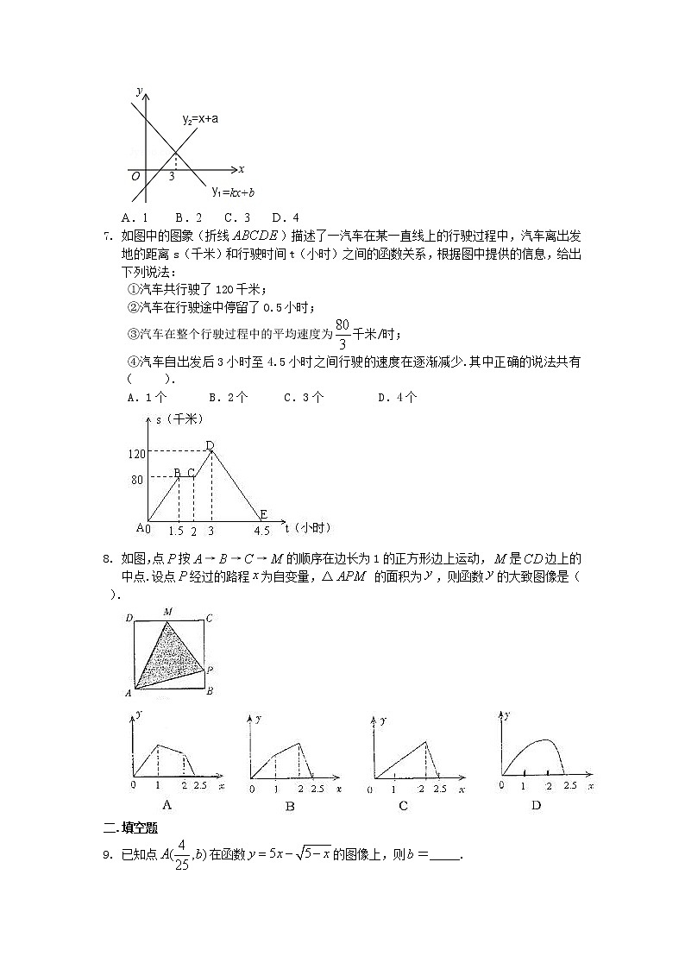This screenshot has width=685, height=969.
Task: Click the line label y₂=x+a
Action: [x=199, y=119]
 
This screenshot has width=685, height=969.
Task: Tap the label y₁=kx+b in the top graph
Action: [x=233, y=191]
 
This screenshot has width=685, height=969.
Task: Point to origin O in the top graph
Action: [x=135, y=176]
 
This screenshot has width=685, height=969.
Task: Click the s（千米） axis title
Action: [x=179, y=419]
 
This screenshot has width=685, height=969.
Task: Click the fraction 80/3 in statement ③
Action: [x=342, y=334]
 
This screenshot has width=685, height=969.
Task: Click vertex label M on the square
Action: [x=167, y=612]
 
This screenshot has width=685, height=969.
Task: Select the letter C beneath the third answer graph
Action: [x=403, y=806]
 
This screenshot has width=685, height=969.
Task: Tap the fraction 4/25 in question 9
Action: [x=181, y=854]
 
